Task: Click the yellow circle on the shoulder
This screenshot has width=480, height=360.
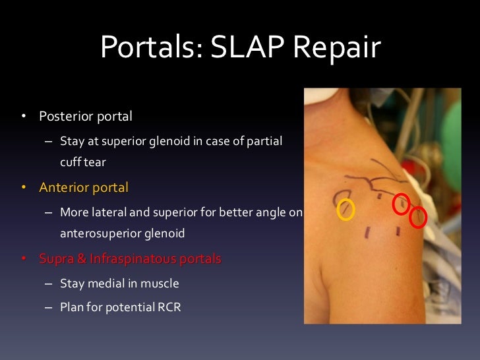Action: pyautogui.click(x=345, y=210)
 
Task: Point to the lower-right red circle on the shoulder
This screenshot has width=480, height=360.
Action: pyautogui.click(x=418, y=217)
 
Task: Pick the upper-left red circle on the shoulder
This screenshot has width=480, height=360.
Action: pyautogui.click(x=401, y=204)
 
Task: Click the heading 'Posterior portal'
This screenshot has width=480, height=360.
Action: pyautogui.click(x=86, y=117)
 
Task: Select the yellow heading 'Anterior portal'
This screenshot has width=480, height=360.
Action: pyautogui.click(x=84, y=187)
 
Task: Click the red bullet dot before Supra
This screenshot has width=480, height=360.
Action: pyautogui.click(x=23, y=258)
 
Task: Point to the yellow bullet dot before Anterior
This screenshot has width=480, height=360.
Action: pyautogui.click(x=23, y=188)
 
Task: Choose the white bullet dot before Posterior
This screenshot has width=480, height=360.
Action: pyautogui.click(x=23, y=117)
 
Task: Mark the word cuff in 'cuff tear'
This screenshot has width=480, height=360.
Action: pyautogui.click(x=71, y=162)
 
